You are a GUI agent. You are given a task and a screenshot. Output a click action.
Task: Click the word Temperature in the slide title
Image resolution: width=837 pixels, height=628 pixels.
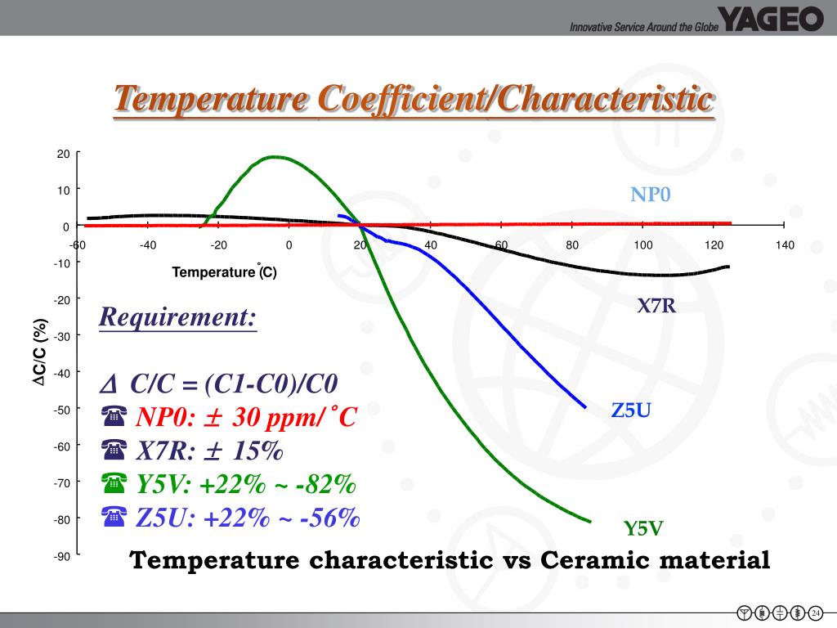pos(212,101)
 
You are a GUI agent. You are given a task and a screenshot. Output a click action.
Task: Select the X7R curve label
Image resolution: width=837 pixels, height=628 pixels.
pos(656,307)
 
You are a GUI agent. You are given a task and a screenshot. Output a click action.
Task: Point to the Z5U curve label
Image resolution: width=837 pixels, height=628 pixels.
pos(631,410)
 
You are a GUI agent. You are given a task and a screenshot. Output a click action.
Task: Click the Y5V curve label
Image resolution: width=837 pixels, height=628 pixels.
pos(642,528)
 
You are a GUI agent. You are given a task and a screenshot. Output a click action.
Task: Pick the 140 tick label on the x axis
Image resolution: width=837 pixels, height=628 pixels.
pos(786,244)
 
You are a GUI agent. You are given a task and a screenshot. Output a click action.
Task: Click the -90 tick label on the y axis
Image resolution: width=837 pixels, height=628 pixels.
pos(62,557)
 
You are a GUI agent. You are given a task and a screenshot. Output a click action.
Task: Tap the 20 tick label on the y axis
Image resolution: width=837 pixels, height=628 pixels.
pos(63,154)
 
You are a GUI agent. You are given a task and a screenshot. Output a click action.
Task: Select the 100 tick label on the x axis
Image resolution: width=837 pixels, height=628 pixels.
pos(642,244)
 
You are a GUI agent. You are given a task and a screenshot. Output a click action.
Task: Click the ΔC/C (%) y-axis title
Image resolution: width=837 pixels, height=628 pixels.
pos(38,352)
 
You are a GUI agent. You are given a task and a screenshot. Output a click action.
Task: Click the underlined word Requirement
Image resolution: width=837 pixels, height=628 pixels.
pos(177,316)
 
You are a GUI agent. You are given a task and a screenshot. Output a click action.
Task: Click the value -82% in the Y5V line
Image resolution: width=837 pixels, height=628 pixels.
pos(326,484)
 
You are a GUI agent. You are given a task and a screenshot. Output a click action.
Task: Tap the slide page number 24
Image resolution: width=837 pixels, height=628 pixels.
pos(815,612)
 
